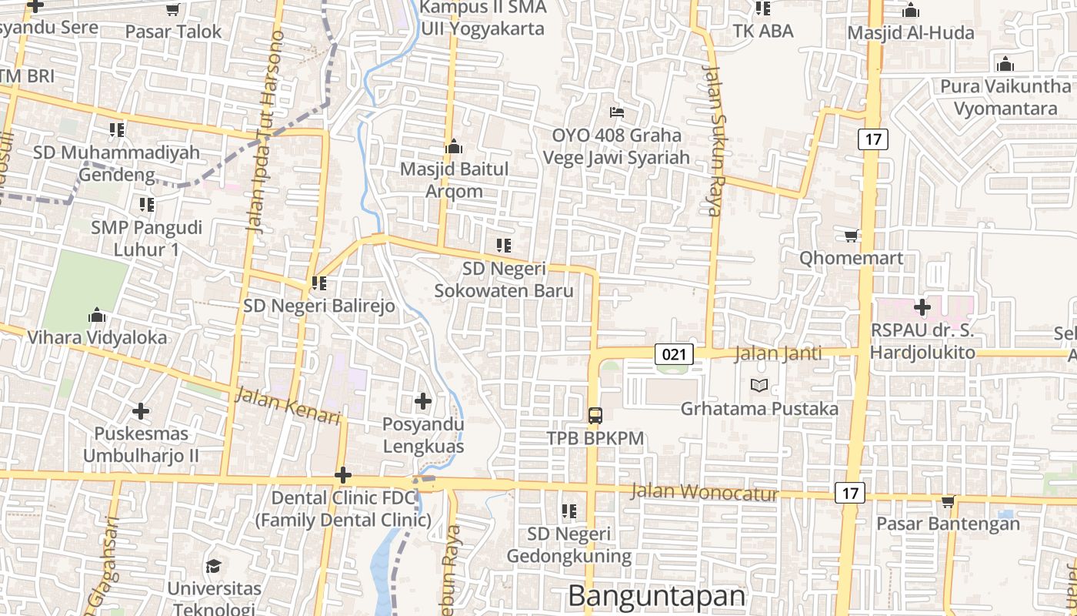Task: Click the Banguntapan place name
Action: [x=657, y=596]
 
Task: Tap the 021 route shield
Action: [x=675, y=354]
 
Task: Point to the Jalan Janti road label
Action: [x=778, y=354]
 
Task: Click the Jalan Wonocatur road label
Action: [x=705, y=492]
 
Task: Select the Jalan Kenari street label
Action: [x=288, y=406]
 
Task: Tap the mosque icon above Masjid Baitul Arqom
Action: [x=454, y=146]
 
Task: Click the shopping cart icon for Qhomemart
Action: [x=851, y=236]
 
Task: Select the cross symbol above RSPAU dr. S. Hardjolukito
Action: [x=922, y=308]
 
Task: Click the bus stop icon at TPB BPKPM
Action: [x=595, y=416]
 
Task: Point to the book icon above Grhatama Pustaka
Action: [x=759, y=385]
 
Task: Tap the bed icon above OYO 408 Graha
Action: [x=616, y=112]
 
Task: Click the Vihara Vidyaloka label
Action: [x=97, y=337]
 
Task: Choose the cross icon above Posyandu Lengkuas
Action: [x=422, y=401]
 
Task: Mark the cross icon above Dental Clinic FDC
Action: [x=343, y=476]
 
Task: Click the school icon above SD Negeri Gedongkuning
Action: [x=569, y=511]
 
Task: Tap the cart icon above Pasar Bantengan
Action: [x=948, y=502]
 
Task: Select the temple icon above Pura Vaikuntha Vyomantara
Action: [x=1005, y=64]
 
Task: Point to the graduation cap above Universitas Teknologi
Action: [x=214, y=567]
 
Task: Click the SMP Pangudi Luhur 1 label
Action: [x=146, y=239]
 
